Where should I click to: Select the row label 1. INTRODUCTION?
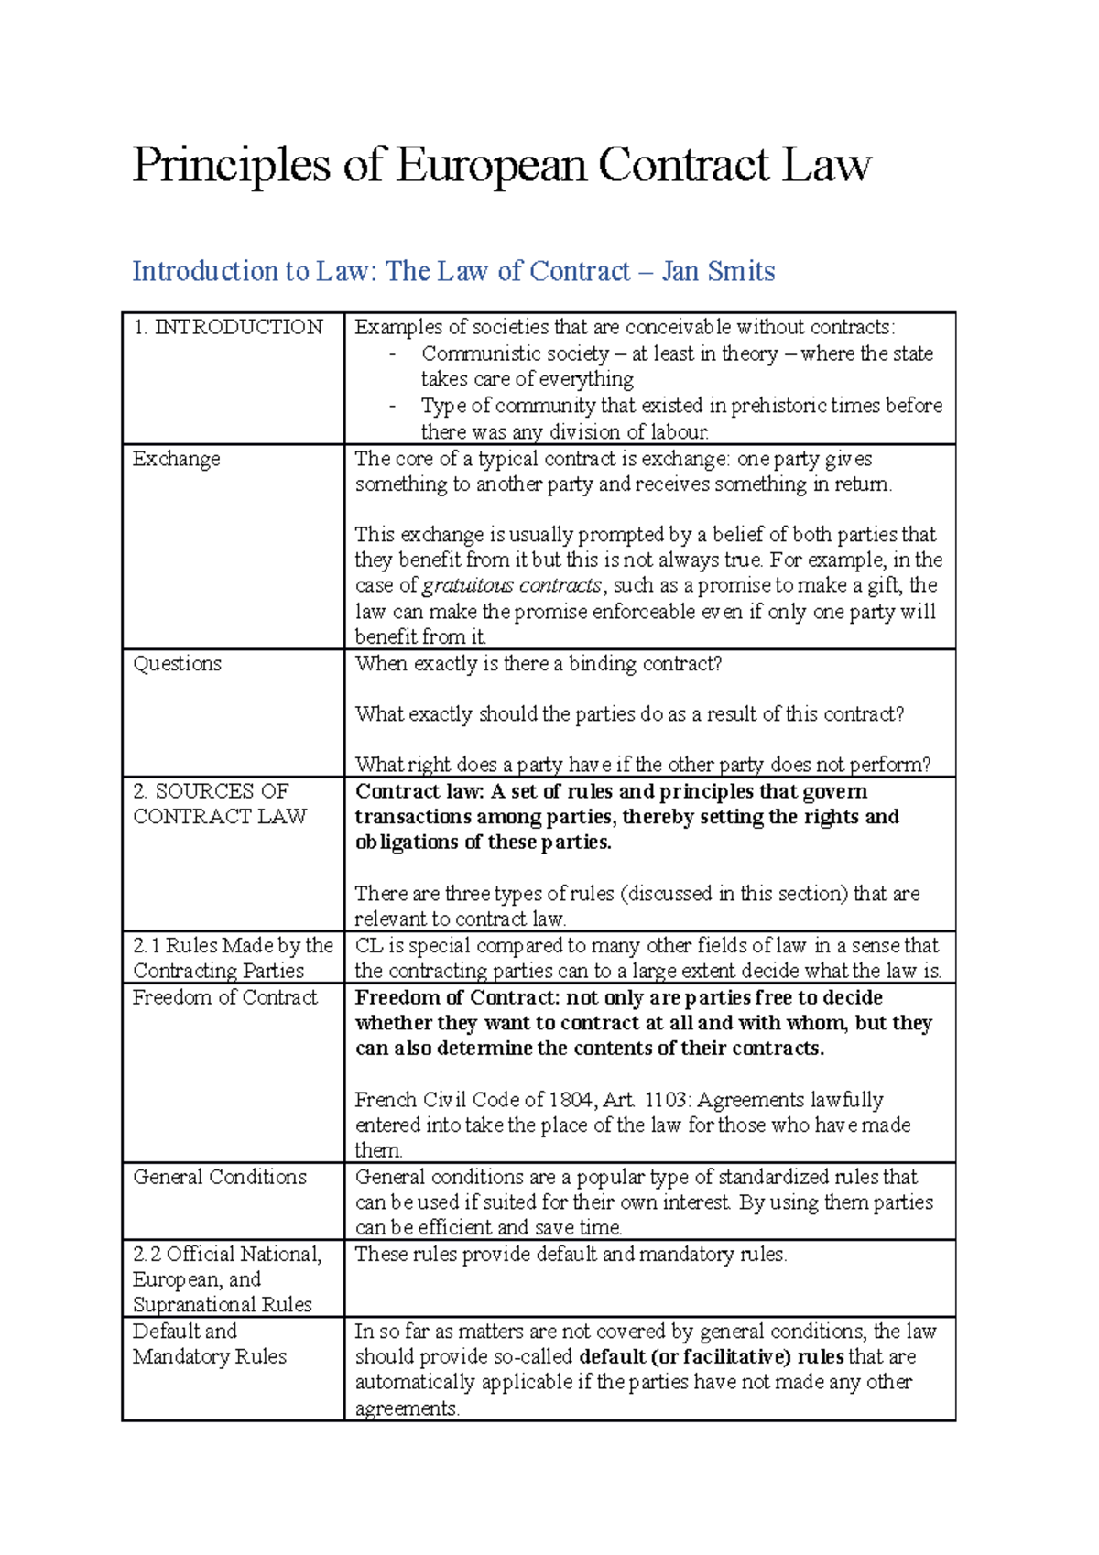coord(228,327)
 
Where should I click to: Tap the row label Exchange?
coord(177,459)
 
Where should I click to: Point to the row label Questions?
coord(178,664)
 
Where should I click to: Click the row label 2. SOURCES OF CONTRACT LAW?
coord(220,803)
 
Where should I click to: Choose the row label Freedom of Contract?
coord(225,997)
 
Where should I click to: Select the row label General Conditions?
coord(220,1177)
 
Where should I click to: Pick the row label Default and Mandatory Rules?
coord(210,1343)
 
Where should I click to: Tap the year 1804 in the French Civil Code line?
coord(572,1100)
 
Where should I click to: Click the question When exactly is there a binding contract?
coord(539,664)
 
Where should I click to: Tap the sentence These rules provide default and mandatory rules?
coord(571,1254)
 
